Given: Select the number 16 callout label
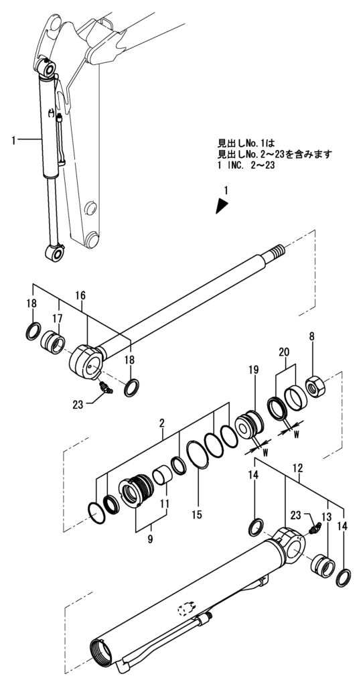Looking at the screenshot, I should (80, 295).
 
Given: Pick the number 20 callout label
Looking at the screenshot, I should (284, 352).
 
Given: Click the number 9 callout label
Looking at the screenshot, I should (151, 537).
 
